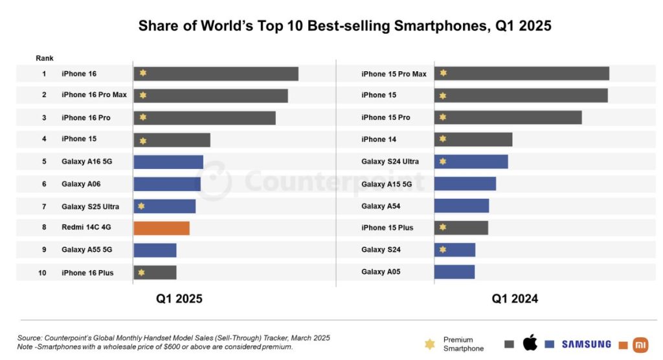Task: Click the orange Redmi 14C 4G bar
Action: pyautogui.click(x=161, y=228)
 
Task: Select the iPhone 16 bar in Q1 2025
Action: pyautogui.click(x=216, y=74)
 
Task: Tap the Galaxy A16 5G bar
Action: pyautogui.click(x=168, y=162)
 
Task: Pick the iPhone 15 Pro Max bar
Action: pyautogui.click(x=522, y=73)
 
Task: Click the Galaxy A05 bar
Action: pyautogui.click(x=455, y=272)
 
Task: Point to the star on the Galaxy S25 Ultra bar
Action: pyautogui.click(x=141, y=206)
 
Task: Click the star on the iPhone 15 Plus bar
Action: pyautogui.click(x=443, y=227)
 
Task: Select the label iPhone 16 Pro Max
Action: pyautogui.click(x=95, y=95)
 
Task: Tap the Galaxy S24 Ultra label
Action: pyautogui.click(x=390, y=162)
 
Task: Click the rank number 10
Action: pyautogui.click(x=42, y=273)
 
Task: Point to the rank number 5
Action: pyautogui.click(x=44, y=162)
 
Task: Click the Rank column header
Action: pyautogui.click(x=45, y=58)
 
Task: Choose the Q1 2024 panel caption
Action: pyautogui.click(x=515, y=298)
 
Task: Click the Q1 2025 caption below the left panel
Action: pyautogui.click(x=179, y=298)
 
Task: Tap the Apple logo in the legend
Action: pyautogui.click(x=530, y=343)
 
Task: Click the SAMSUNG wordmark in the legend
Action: pyautogui.click(x=587, y=344)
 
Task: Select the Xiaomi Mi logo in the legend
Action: pyautogui.click(x=640, y=344)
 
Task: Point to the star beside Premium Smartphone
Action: pyautogui.click(x=430, y=344)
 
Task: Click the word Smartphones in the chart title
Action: pyautogui.click(x=442, y=26)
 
